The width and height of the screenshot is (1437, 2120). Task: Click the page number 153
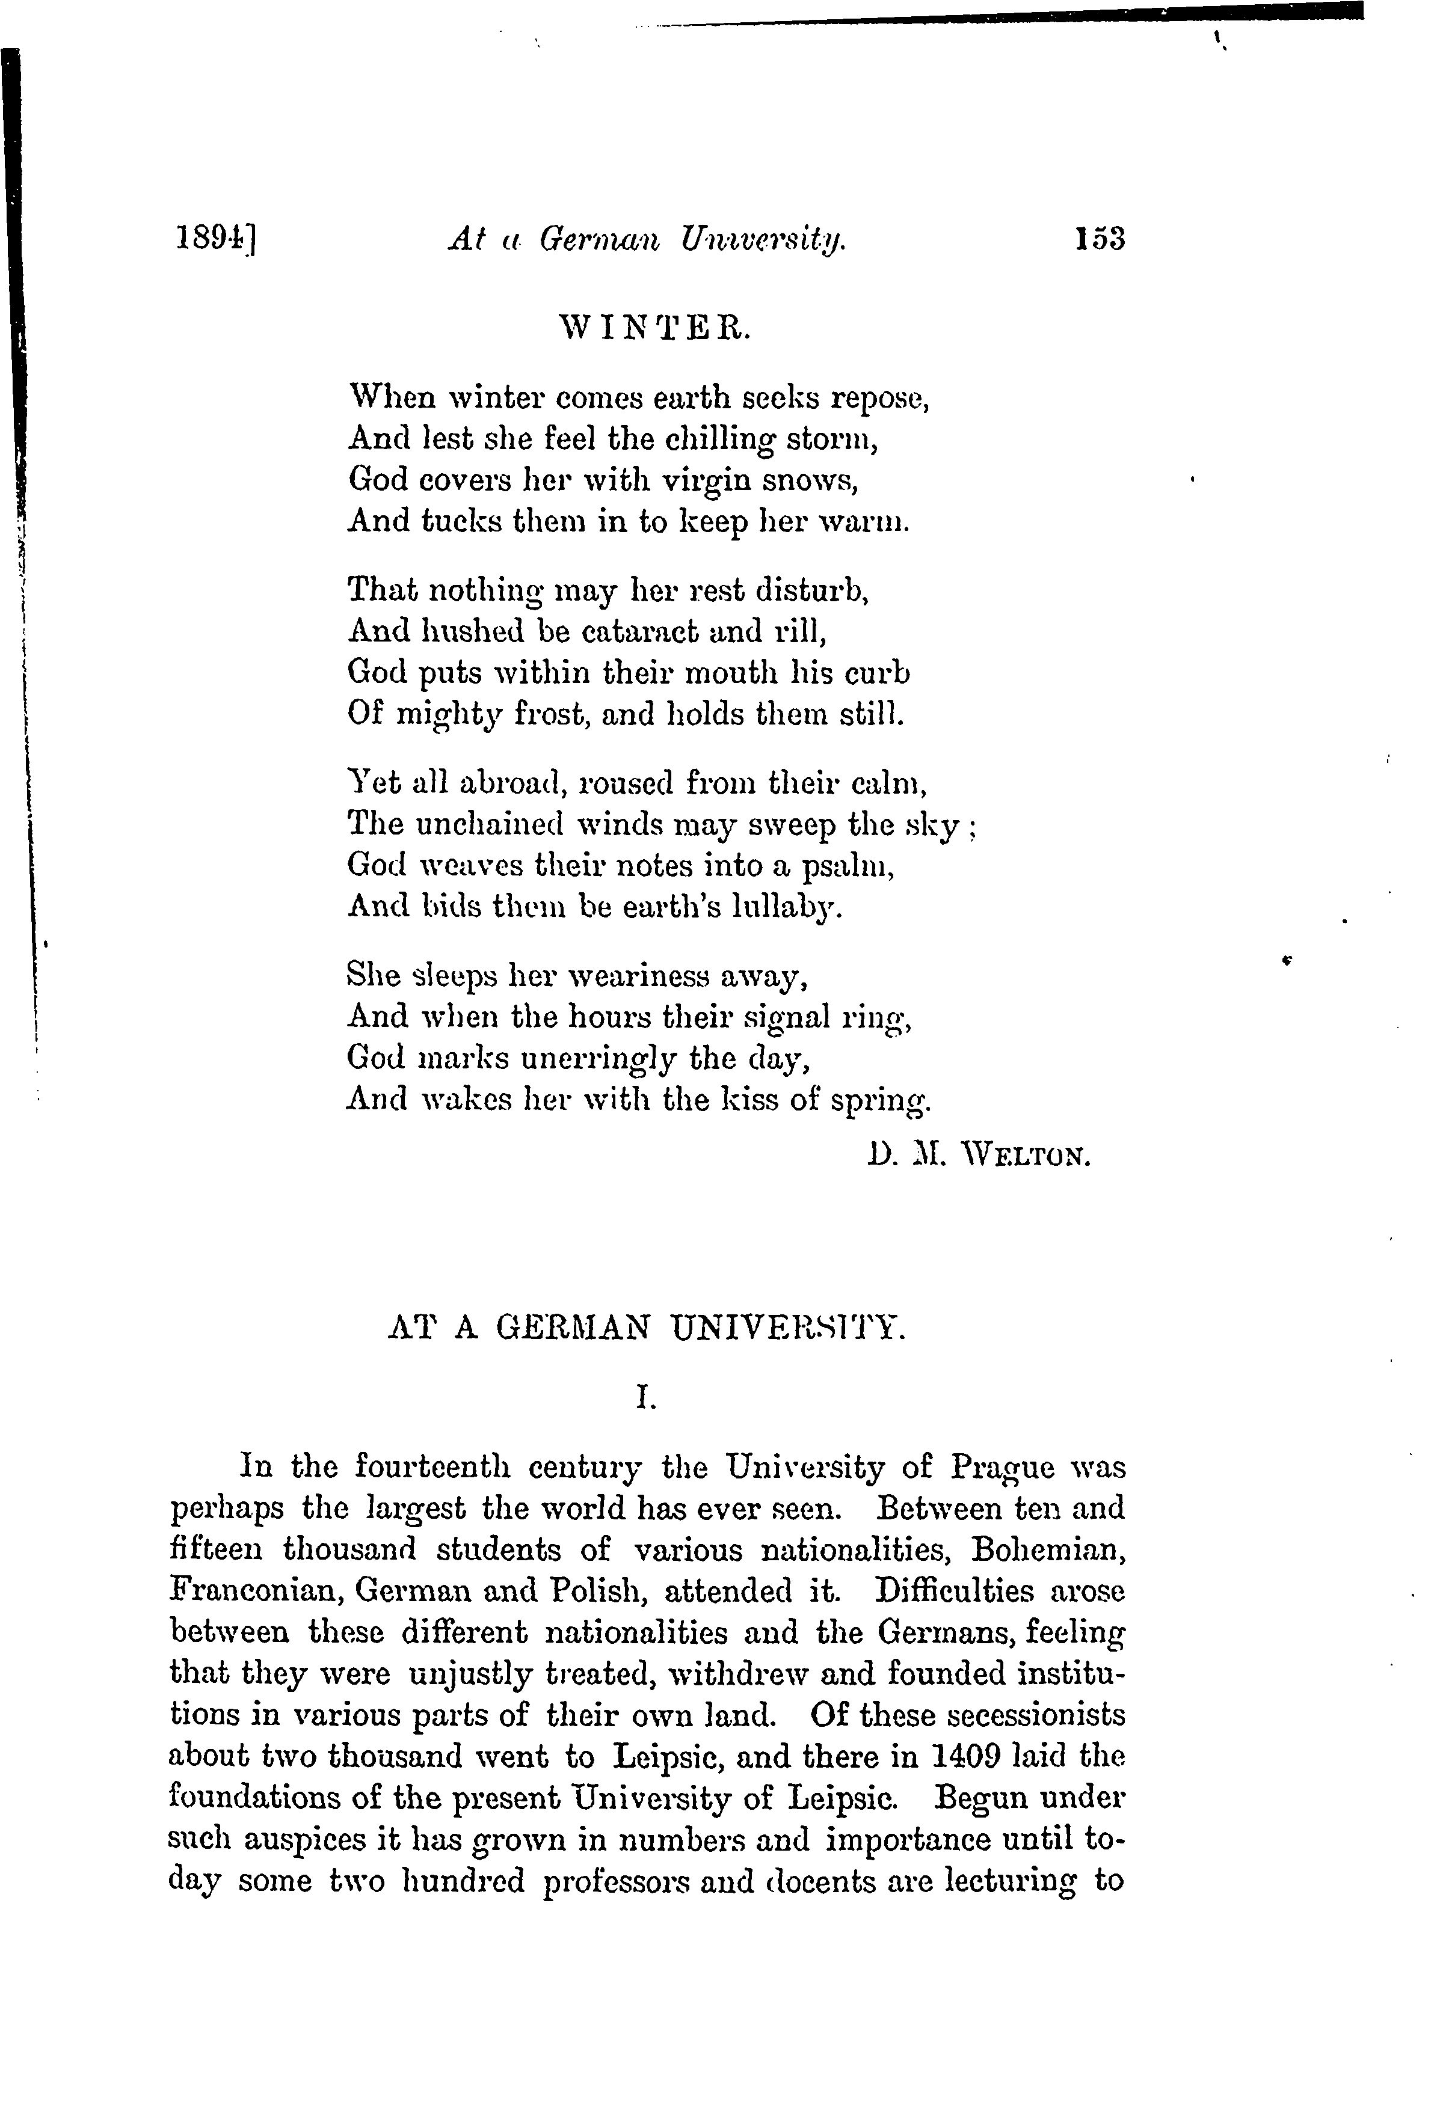[1100, 239]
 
